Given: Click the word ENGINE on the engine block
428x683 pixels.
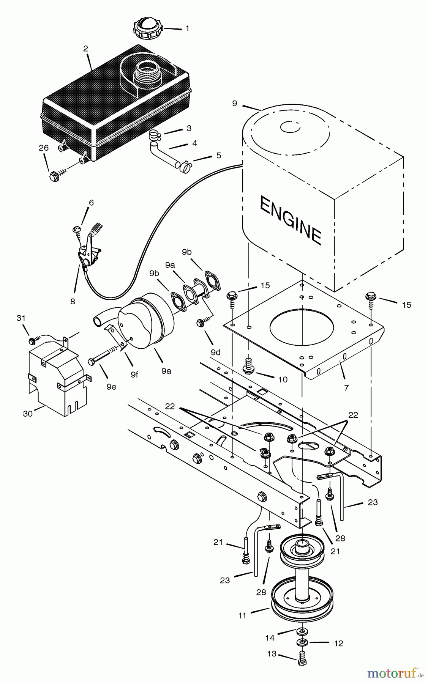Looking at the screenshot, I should (291, 220).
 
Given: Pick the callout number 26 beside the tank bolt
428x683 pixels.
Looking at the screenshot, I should (44, 148).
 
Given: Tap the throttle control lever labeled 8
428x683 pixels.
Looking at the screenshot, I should (87, 250).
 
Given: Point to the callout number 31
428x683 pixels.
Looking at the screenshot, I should (21, 318).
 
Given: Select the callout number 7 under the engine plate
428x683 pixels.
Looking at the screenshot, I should (346, 387).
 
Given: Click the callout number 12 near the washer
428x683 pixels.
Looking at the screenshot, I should (338, 644).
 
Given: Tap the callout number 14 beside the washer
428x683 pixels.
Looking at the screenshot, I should (270, 638).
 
